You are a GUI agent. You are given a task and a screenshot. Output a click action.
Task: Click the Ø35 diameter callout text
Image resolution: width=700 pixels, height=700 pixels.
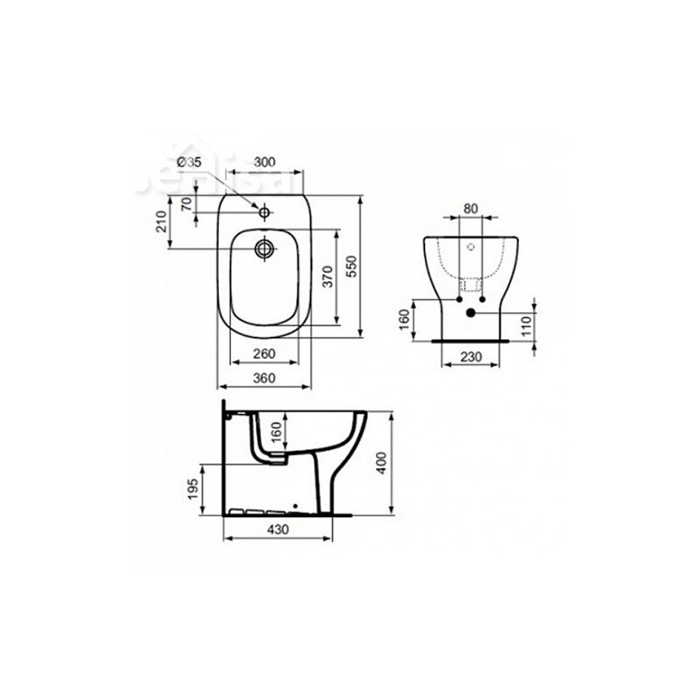click(190, 161)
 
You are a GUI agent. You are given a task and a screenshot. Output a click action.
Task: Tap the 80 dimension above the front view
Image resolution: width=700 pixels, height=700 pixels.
click(471, 209)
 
